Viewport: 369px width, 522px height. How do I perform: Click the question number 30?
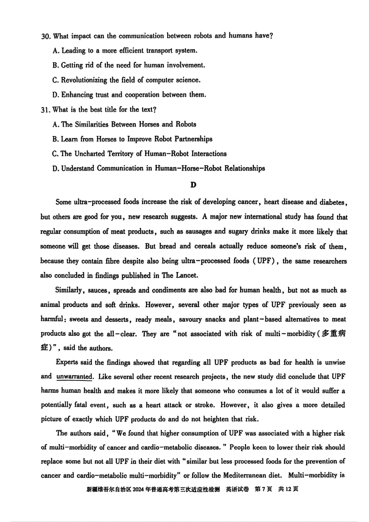point(46,36)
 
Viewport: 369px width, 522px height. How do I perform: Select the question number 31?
point(46,110)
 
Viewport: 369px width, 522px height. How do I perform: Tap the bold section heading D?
point(194,185)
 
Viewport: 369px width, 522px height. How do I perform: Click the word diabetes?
point(333,202)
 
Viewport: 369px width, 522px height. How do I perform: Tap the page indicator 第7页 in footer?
point(263,489)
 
